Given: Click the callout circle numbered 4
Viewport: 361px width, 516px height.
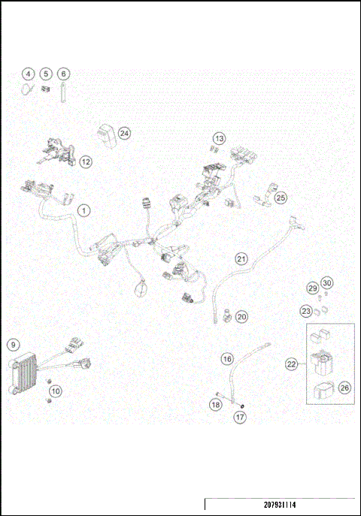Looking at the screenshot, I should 28,74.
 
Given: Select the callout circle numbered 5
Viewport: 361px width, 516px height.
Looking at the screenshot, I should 46,74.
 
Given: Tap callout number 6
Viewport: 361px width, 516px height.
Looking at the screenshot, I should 64,74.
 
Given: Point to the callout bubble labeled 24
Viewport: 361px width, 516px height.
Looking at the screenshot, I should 124,133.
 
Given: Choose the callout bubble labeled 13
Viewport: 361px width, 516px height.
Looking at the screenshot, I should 219,139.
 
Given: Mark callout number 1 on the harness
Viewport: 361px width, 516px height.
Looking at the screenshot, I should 83,210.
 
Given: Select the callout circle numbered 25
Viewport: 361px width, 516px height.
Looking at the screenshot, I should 281,198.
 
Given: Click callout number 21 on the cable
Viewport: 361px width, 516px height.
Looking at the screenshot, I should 241,259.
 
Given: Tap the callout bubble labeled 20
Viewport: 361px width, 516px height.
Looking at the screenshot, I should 241,317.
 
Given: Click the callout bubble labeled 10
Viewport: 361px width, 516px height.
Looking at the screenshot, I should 56,391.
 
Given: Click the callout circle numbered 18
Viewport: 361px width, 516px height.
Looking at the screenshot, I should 215,406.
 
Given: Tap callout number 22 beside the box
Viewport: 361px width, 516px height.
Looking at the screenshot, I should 292,364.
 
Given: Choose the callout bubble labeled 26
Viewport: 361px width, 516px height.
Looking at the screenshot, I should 344,388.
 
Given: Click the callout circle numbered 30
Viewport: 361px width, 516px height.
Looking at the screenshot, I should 326,282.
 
